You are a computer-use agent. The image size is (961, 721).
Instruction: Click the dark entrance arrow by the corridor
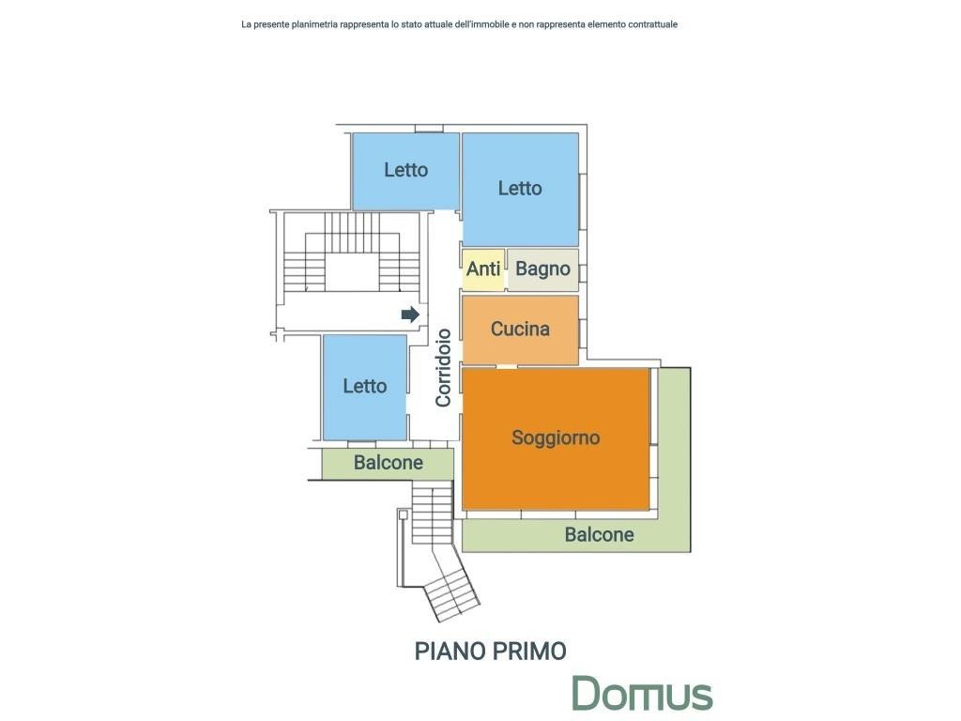tap(410, 314)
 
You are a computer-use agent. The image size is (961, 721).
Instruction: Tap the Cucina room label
tap(520, 330)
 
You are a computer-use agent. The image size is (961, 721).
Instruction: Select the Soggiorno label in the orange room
tap(556, 437)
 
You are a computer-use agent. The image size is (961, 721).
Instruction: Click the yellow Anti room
tap(483, 269)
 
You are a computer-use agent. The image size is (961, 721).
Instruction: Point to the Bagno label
tap(542, 268)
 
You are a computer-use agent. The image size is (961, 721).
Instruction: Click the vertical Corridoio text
tap(443, 368)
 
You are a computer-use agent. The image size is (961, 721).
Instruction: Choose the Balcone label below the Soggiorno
tap(599, 534)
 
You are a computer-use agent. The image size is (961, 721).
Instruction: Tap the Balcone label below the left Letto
tap(388, 462)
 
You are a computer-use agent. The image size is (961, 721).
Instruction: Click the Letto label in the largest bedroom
tap(520, 188)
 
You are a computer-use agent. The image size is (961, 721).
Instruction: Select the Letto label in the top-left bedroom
tap(405, 170)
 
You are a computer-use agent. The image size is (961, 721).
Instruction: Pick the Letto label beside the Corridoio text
tap(365, 386)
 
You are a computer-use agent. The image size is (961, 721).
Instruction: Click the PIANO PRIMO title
tap(490, 652)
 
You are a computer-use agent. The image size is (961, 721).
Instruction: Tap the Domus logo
tap(642, 694)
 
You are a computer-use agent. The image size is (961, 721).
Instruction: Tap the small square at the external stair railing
tap(403, 515)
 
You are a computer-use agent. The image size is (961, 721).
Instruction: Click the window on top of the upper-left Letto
tap(428, 129)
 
